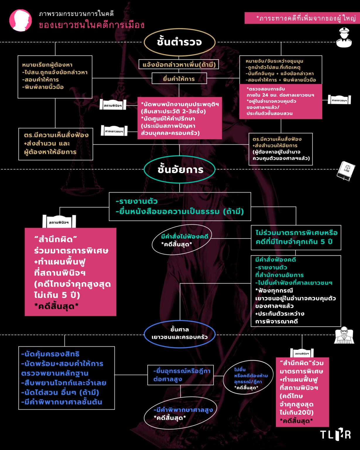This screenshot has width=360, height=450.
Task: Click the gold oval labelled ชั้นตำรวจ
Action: pos(180,42)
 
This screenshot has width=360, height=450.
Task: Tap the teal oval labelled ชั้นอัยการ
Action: pos(180,170)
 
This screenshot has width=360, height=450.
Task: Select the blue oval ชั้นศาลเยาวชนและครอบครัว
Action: pos(180,334)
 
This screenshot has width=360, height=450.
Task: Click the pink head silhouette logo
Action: pos(21,20)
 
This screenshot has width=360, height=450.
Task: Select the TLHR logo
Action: pos(335,434)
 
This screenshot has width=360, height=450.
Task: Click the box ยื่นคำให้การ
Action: pos(179,79)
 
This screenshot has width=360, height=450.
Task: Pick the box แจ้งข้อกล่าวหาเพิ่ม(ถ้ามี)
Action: pos(179,64)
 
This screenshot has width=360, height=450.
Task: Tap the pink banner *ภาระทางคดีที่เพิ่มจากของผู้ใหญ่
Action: pos(302,18)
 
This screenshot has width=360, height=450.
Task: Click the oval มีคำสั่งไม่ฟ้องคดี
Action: pos(182,240)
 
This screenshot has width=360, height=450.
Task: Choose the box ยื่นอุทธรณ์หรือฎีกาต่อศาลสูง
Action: pos(180,375)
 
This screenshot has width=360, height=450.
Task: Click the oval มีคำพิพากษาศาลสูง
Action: pos(180,413)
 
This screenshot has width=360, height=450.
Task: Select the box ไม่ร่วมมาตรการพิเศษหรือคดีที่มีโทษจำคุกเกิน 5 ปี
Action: pos(296,237)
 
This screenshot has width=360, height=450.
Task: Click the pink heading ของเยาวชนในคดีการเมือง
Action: pos(92,25)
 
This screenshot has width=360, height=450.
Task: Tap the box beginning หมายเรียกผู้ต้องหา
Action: pos(55,77)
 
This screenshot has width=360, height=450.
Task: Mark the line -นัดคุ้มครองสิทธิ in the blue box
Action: pos(50,354)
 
